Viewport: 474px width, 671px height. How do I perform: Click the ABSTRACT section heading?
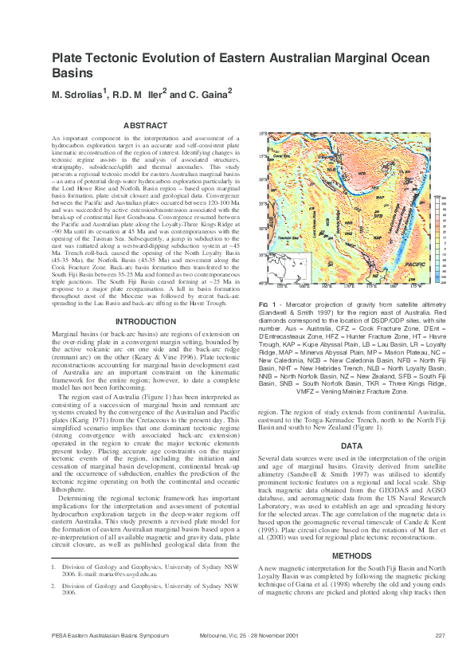(x=146, y=125)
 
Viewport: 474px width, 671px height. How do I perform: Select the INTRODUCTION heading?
(x=146, y=321)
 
